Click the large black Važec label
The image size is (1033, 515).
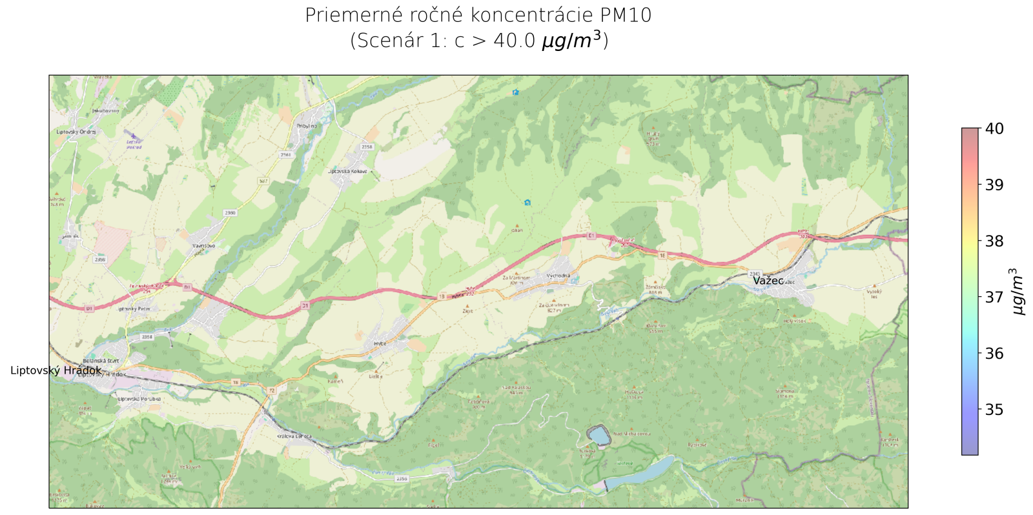tap(768, 281)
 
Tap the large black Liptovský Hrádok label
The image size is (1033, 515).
tap(56, 370)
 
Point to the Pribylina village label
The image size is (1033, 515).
tap(307, 126)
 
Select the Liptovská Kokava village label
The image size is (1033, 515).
tap(348, 171)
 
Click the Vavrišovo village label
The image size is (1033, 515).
tap(203, 245)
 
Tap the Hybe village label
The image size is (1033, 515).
tap(380, 343)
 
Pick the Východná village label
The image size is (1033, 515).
tap(558, 276)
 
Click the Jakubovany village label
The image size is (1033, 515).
tap(105, 110)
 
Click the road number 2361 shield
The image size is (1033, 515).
tap(285, 155)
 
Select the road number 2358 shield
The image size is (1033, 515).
tap(367, 146)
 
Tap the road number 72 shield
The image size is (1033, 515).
tap(272, 390)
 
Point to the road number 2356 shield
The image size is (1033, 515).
tap(402, 478)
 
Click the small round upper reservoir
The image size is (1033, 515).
tap(598, 436)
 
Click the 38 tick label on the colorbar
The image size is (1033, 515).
tap(994, 241)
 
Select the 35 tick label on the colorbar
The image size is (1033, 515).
tap(994, 409)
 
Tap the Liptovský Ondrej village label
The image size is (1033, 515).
tap(76, 132)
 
